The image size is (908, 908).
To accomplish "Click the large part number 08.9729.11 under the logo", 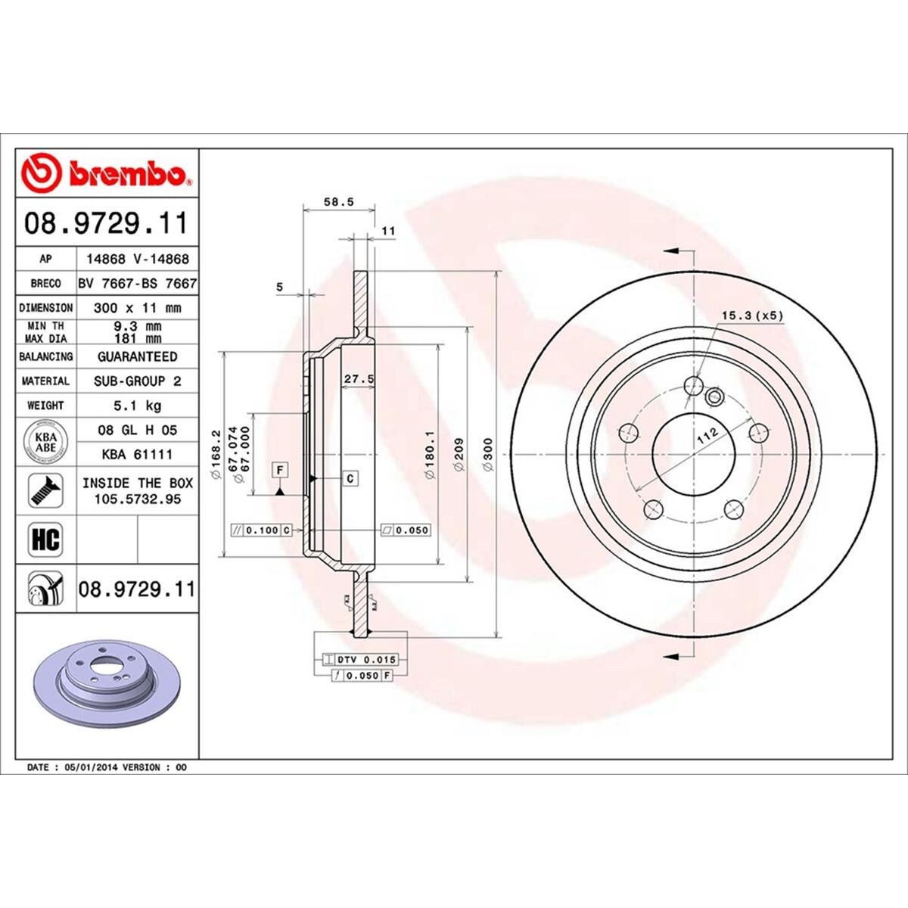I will [106, 224].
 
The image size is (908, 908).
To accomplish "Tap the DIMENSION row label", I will [46, 308].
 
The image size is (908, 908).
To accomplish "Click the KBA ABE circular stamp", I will [46, 442].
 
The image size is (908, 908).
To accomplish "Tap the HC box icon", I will [45, 540].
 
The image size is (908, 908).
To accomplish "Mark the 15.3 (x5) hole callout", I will [751, 316].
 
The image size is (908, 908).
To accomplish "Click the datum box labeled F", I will [280, 470].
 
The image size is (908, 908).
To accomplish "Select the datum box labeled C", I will [350, 478].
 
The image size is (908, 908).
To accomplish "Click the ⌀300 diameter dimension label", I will [488, 456].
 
